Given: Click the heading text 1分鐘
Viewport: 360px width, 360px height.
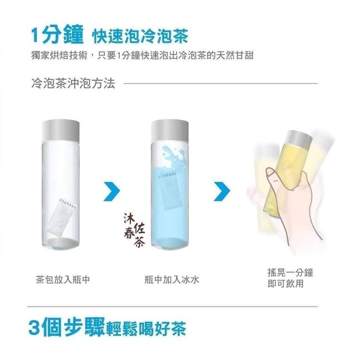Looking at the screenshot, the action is (57, 36).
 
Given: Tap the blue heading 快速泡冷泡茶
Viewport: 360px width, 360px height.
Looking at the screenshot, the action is (140, 36).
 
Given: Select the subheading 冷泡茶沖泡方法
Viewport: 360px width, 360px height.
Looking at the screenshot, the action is (73, 83).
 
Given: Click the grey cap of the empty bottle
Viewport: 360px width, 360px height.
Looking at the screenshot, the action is (60, 131).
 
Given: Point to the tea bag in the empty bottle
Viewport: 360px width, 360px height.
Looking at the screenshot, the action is (60, 216).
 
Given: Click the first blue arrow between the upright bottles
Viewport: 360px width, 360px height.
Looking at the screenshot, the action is (112, 191).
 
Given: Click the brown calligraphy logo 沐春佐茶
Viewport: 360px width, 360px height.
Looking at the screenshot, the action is (134, 230).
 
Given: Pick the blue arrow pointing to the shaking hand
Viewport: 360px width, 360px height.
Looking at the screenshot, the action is (222, 191).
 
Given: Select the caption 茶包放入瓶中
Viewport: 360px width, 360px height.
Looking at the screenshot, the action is (63, 280).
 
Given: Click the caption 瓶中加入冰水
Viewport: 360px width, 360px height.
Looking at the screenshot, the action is (172, 280).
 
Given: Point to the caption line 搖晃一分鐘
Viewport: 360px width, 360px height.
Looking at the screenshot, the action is (290, 273).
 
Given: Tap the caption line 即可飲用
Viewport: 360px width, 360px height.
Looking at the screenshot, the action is (286, 284).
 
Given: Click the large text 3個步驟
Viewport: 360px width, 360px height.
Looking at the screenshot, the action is (67, 327).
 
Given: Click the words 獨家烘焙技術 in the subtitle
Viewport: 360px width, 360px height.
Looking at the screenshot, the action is (59, 56).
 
